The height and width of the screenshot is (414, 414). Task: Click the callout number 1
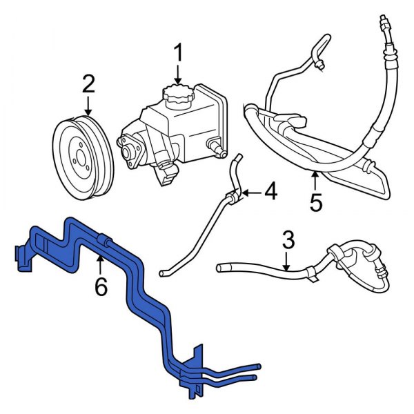click(x=178, y=52)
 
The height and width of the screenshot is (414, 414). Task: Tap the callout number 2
click(x=88, y=85)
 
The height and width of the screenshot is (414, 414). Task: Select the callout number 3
click(x=288, y=240)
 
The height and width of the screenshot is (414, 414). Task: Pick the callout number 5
click(x=315, y=204)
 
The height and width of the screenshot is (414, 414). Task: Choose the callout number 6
click(x=101, y=286)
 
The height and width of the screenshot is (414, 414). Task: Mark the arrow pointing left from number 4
click(x=250, y=194)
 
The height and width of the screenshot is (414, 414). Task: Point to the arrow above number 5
click(x=315, y=181)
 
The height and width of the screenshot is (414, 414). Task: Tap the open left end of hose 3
click(x=220, y=266)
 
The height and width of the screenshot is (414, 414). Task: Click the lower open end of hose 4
click(x=164, y=273)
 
